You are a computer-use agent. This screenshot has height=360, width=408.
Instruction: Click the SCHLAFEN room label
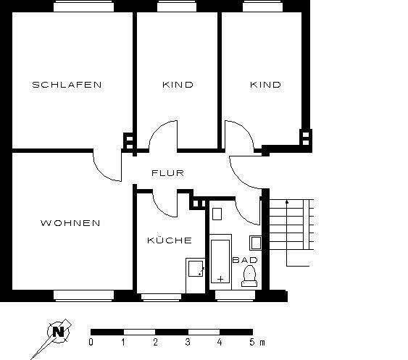(x=67, y=85)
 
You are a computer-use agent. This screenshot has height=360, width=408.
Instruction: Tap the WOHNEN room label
(x=70, y=223)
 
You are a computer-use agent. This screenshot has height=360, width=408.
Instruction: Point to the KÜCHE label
(x=169, y=240)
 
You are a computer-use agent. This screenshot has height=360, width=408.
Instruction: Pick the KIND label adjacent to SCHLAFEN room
(x=177, y=85)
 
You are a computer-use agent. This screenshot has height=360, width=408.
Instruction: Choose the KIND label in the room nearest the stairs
(x=265, y=85)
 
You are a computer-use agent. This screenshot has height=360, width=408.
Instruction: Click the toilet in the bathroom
(x=249, y=275)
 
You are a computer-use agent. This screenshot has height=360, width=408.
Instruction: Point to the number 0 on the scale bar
(x=91, y=341)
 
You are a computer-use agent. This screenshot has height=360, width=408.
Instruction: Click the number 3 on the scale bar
(x=188, y=341)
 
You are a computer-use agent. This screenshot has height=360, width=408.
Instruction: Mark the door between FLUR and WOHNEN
(x=107, y=167)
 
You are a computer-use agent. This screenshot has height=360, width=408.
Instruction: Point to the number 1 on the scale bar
(x=123, y=341)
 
